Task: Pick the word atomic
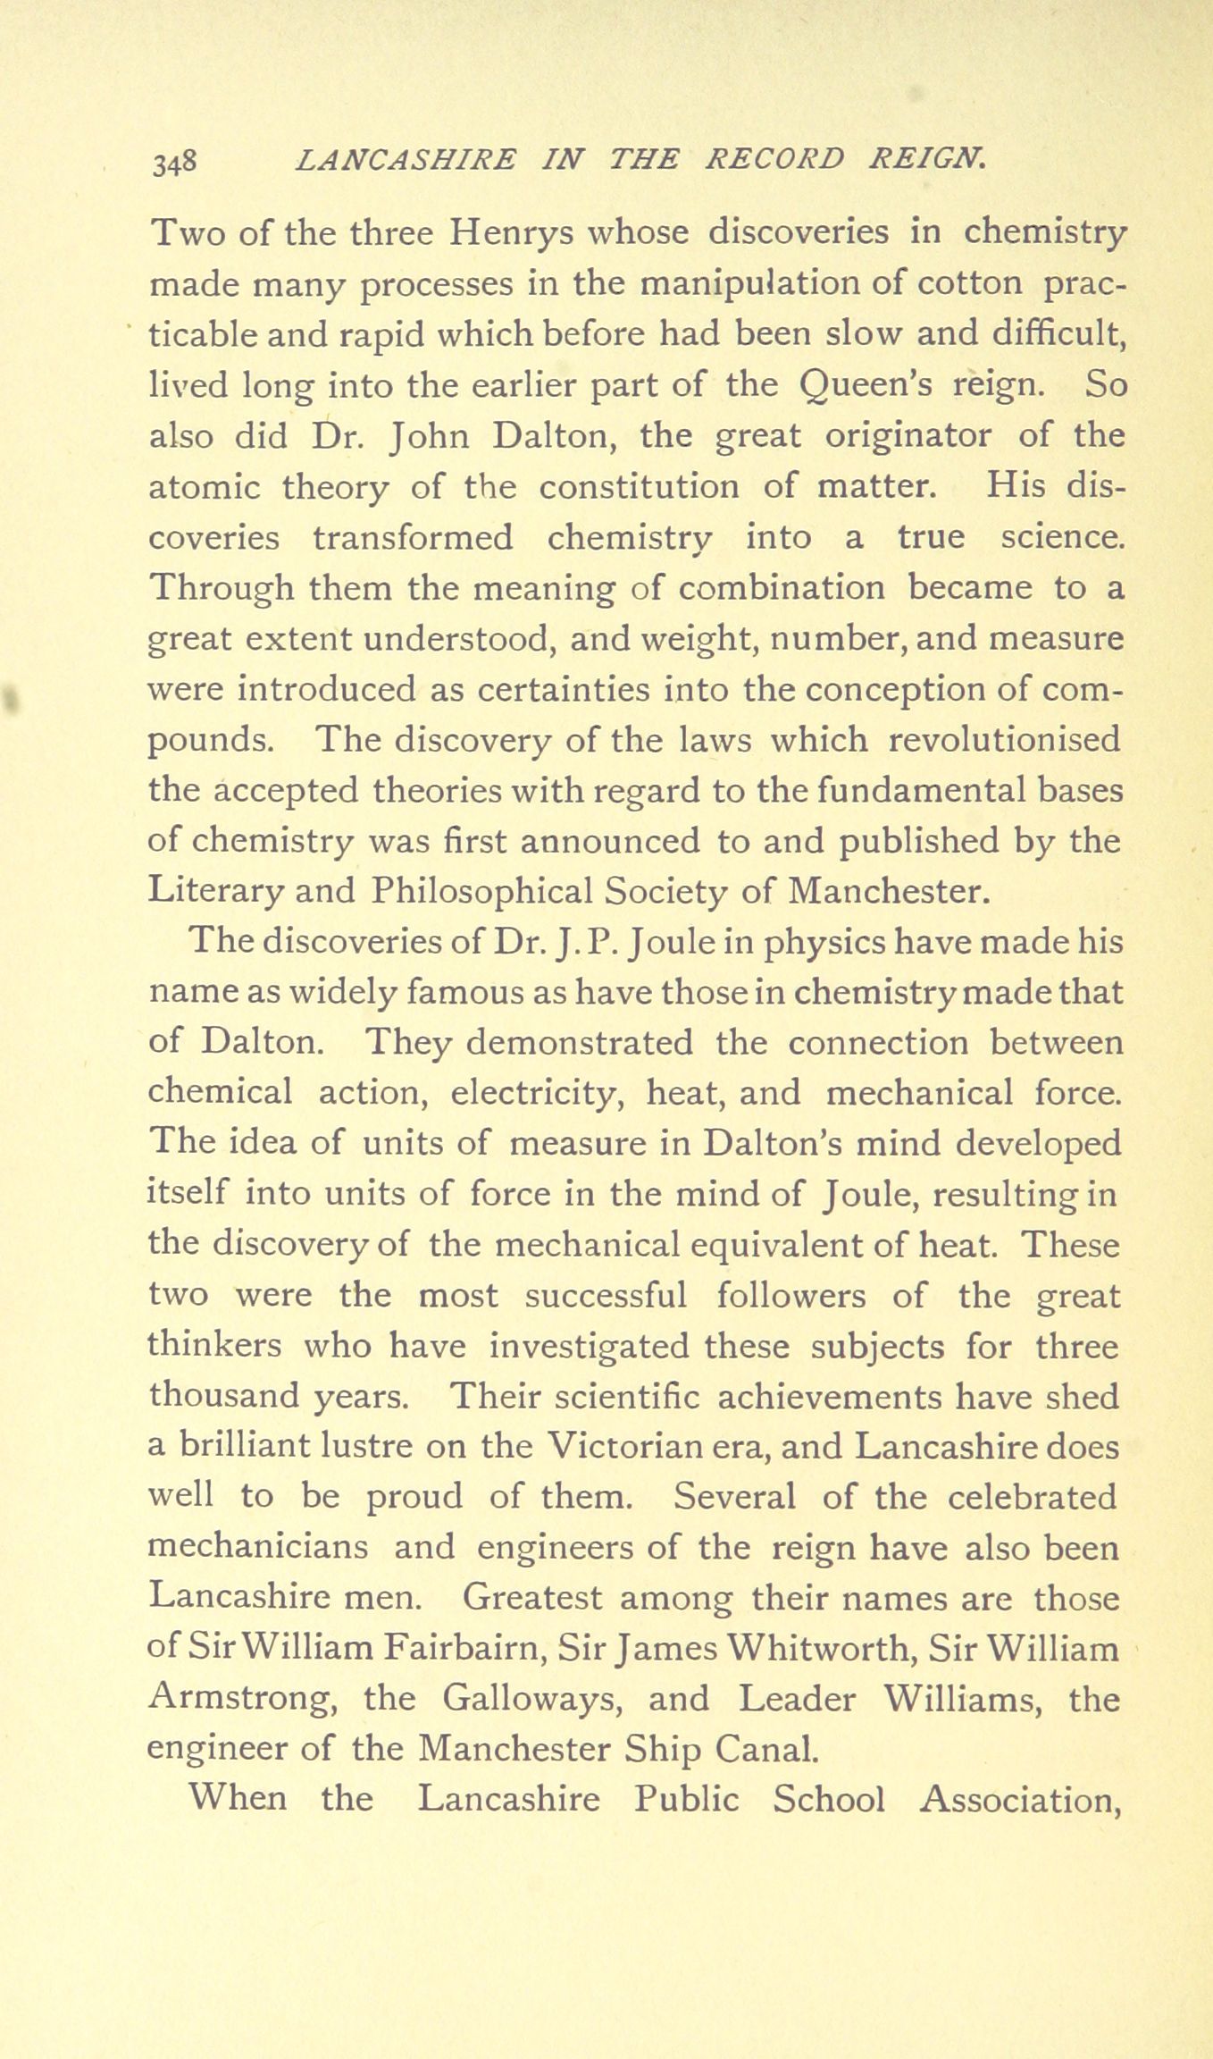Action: (204, 487)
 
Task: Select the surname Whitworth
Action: (821, 1649)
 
